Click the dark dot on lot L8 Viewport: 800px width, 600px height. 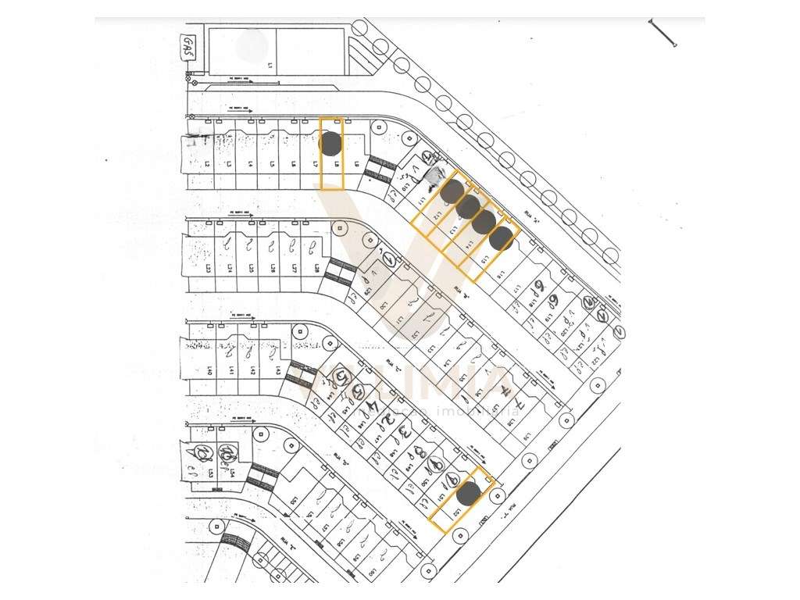pyautogui.click(x=330, y=143)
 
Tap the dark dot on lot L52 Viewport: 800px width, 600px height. pyautogui.click(x=468, y=493)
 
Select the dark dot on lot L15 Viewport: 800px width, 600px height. pyautogui.click(x=503, y=237)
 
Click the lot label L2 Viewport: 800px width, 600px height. pyautogui.click(x=208, y=165)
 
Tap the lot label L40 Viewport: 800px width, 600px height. pyautogui.click(x=210, y=370)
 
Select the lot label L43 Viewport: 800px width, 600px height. pyautogui.click(x=277, y=370)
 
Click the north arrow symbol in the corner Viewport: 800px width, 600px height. pyautogui.click(x=662, y=33)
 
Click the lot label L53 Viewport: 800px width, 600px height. pyautogui.click(x=210, y=473)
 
